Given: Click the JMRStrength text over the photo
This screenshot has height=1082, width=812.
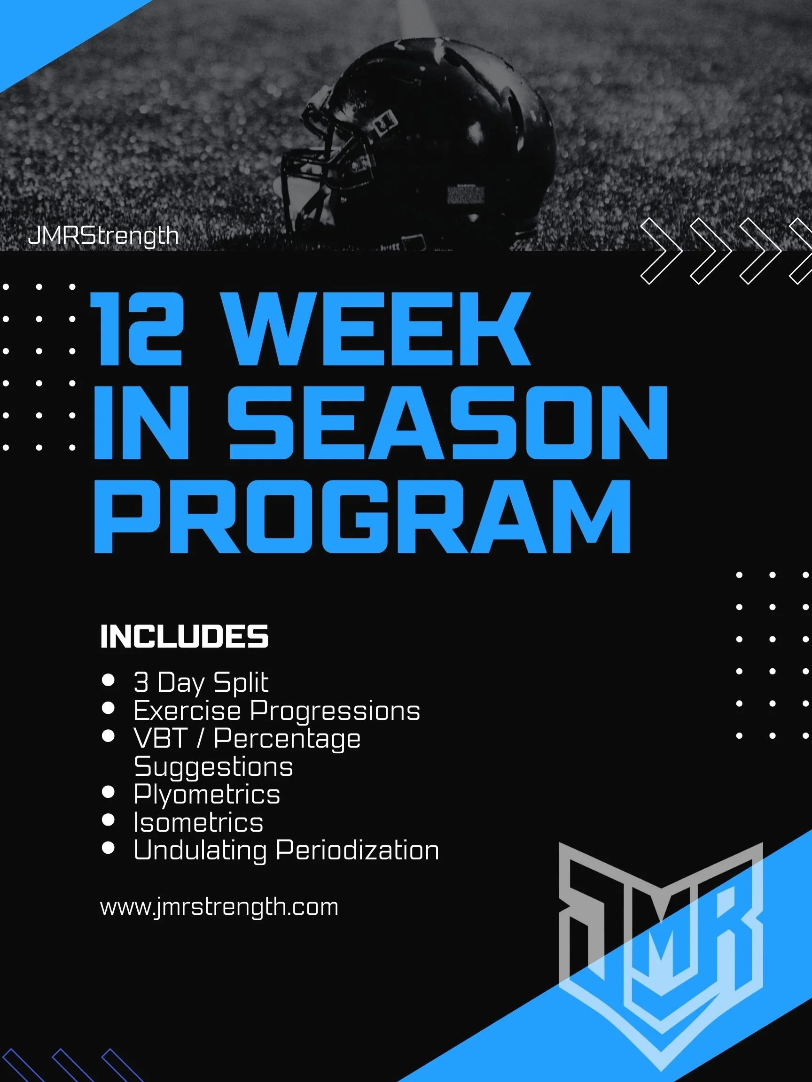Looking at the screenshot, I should pos(103,236).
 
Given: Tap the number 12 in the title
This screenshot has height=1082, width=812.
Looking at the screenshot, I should pos(137,329).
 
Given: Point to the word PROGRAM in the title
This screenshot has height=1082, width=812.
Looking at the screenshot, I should pos(362,517).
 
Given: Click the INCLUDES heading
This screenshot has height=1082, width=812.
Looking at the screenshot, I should pos(184,636).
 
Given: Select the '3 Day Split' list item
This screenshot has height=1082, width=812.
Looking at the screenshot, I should pos(201,682).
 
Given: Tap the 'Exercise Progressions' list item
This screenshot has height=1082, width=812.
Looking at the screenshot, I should pos(276,710).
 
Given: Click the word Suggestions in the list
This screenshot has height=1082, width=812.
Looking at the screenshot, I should pos(213,766).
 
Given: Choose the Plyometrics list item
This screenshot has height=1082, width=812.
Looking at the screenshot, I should pos(207,794).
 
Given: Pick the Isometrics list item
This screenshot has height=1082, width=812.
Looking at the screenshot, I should pos(198,822).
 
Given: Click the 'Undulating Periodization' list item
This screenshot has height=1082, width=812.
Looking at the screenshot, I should pos(286,850).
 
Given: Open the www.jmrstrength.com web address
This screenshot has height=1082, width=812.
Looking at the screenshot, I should pos(219,907).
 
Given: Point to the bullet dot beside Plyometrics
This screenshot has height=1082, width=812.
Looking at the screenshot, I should pos(108,792).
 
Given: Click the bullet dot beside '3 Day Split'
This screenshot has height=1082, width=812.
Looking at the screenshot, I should pos(108,680).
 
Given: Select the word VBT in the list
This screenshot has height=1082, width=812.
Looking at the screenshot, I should pos(160,738).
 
